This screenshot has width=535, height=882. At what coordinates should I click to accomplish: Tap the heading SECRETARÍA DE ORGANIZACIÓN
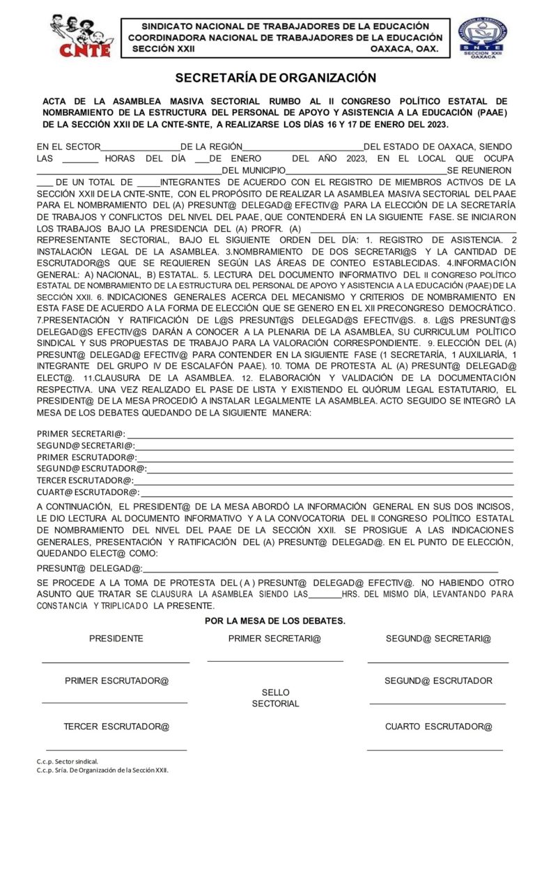275,78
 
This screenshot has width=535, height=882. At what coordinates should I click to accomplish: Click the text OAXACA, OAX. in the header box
404,50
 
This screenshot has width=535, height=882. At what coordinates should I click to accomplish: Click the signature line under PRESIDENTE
116,661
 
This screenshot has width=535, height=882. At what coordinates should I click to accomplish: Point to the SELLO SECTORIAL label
275,698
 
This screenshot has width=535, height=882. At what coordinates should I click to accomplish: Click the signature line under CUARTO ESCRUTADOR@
435,750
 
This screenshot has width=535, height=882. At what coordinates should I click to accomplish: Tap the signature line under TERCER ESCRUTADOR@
116,750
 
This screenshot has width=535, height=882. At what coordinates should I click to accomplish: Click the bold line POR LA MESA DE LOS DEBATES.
275,621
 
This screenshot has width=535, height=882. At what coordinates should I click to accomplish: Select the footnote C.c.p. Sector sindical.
68,761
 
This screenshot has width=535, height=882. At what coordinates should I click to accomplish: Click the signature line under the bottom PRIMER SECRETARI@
275,660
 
